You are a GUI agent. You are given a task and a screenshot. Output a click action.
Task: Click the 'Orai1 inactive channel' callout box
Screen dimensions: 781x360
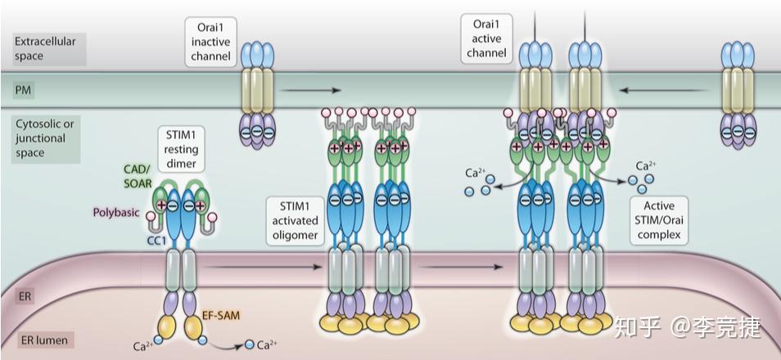click(210, 42)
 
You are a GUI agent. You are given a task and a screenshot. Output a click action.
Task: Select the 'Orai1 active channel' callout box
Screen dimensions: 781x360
click(486, 38)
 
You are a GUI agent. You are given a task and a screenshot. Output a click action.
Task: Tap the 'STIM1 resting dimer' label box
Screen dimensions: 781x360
click(181, 149)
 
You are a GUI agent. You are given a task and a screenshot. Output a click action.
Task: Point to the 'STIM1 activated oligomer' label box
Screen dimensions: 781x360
click(296, 221)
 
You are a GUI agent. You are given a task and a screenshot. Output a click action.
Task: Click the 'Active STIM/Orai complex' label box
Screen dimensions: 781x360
click(659, 220)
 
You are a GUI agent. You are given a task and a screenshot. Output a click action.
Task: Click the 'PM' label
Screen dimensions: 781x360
click(22, 90)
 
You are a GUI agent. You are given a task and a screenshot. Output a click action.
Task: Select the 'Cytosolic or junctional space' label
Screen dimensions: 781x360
click(45, 138)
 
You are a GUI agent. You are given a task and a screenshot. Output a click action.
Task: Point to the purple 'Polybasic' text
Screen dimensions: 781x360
click(116, 212)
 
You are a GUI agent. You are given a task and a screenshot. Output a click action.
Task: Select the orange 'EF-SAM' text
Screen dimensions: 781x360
click(218, 315)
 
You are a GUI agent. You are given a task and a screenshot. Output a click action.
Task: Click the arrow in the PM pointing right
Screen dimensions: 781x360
click(311, 90)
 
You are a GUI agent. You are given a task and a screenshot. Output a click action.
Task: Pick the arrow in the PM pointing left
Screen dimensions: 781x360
click(663, 90)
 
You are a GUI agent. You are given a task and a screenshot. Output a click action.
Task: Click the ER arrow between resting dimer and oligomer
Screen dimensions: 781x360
click(263, 267)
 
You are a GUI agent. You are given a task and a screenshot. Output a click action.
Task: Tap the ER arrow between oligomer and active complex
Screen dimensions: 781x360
click(461, 267)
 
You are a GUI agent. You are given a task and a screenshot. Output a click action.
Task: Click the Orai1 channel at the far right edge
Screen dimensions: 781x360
click(738, 95)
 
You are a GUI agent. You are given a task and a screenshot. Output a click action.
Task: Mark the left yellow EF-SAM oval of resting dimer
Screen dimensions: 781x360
click(167, 327)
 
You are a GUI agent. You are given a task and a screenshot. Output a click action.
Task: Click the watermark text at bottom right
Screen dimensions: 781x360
click(688, 327)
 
